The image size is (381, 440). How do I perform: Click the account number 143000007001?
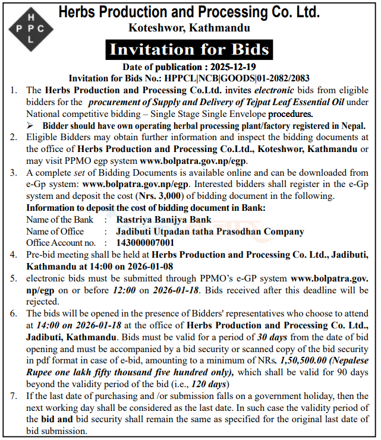pos(146,242)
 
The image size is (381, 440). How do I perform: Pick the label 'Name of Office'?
pos(55,231)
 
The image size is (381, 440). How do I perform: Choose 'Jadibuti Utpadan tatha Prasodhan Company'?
pos(202,231)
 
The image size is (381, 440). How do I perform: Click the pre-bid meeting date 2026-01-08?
pos(154,266)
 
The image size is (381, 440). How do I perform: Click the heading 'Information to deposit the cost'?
pos(145,208)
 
